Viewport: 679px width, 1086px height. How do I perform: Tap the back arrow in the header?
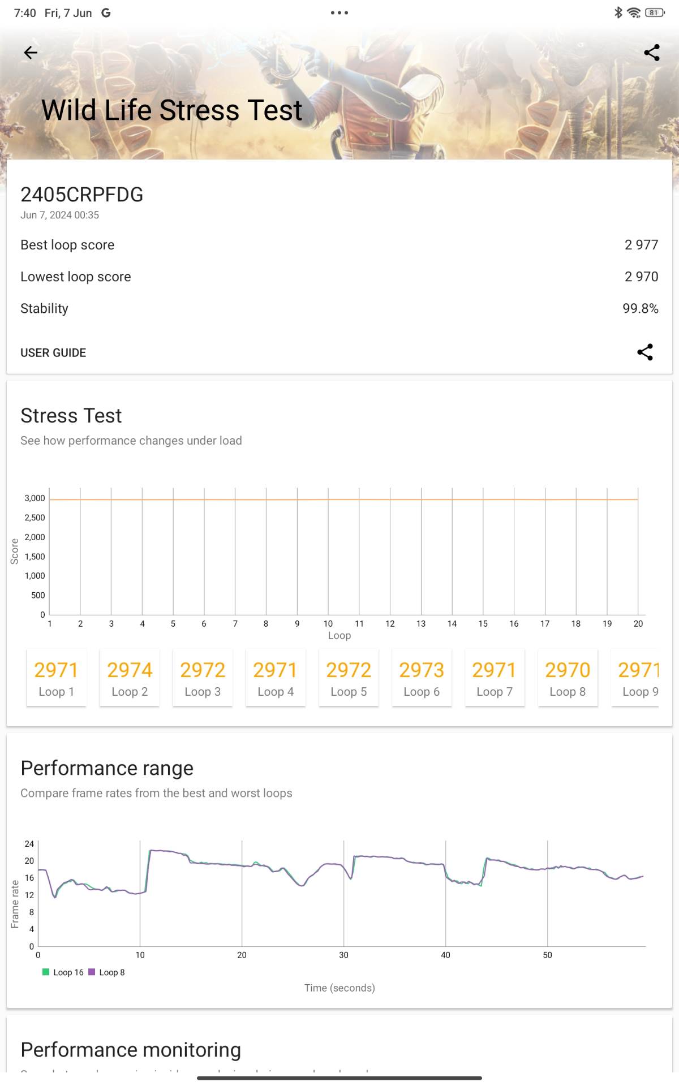point(31,53)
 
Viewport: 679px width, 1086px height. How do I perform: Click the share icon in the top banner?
point(652,53)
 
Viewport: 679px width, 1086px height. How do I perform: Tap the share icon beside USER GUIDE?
point(645,352)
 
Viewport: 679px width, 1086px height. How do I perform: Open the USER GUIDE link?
point(53,352)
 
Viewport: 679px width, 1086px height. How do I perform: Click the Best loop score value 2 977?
point(641,245)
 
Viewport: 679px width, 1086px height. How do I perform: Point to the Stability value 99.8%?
point(640,308)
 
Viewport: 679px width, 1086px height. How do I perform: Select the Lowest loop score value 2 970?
point(641,277)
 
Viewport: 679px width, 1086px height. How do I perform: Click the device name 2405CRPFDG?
point(82,195)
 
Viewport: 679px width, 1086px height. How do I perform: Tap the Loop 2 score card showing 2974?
point(130,678)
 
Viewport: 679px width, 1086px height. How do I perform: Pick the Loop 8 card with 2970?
point(568,678)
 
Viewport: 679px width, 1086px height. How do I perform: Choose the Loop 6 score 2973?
point(422,678)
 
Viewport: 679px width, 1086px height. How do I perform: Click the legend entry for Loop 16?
point(63,972)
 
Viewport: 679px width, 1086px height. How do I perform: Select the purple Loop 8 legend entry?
point(107,972)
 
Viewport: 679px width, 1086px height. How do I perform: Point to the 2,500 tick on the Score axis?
point(35,518)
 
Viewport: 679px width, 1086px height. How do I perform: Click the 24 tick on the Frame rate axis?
point(29,843)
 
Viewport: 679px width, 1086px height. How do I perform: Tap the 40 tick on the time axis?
point(445,955)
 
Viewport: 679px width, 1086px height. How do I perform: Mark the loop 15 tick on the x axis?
point(483,623)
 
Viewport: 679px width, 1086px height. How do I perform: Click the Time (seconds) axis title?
point(339,988)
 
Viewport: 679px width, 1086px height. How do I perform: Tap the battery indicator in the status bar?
point(655,12)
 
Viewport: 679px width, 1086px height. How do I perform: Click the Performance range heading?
point(107,768)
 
